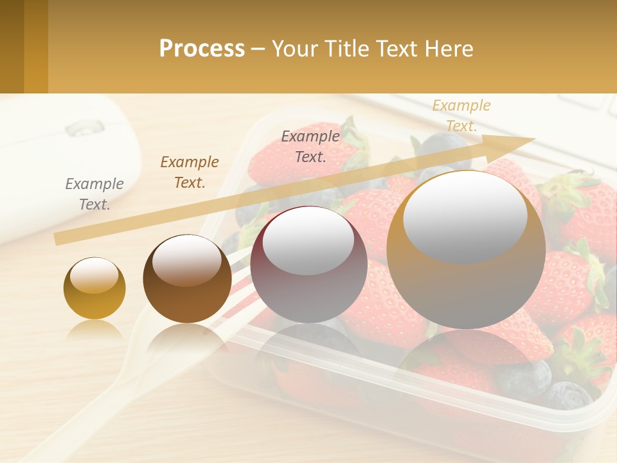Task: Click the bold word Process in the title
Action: click(202, 49)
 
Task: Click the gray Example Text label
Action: click(94, 194)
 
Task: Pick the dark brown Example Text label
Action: click(190, 172)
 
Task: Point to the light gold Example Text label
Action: click(461, 115)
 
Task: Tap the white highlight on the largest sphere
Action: click(465, 216)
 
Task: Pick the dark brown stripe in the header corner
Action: click(12, 46)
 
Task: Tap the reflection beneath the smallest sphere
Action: click(94, 331)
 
